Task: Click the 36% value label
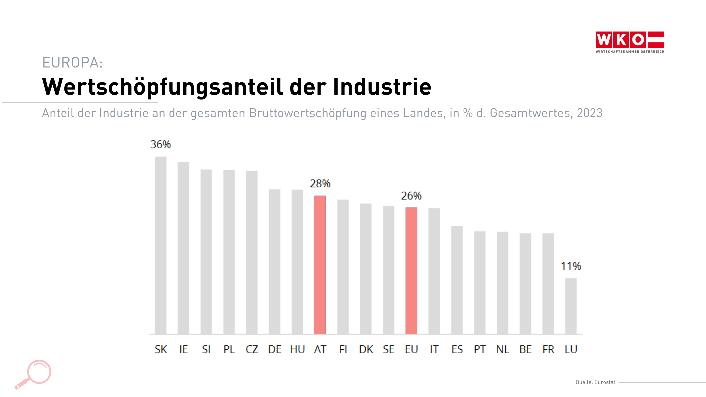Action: click(x=161, y=144)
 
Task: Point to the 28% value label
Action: click(x=320, y=184)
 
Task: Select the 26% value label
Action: click(x=411, y=196)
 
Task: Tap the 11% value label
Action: click(x=571, y=266)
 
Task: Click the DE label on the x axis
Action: click(x=275, y=349)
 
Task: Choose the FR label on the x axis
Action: click(x=548, y=349)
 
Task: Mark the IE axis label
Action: click(x=183, y=349)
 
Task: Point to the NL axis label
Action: click(x=503, y=349)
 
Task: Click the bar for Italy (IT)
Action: click(x=434, y=271)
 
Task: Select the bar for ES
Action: click(x=457, y=280)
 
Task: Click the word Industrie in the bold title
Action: click(x=382, y=87)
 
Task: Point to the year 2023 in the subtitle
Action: click(x=589, y=113)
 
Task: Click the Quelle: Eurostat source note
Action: click(x=595, y=382)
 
